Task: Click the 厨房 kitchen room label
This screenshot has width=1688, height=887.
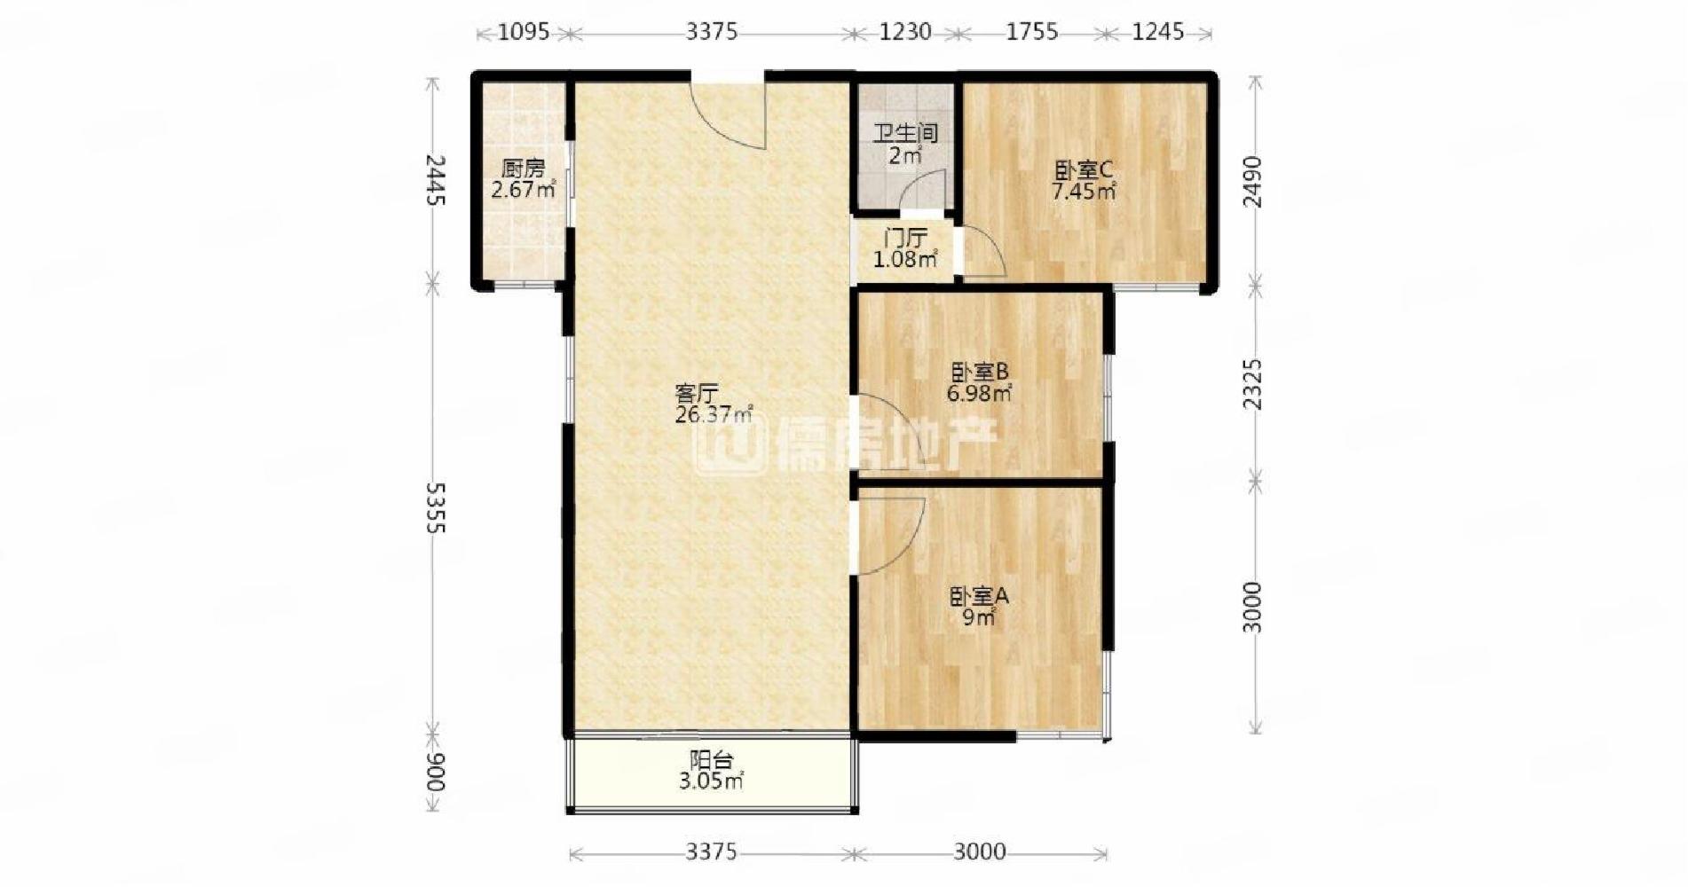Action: tap(522, 168)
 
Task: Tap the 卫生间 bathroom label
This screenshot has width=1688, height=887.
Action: tap(905, 134)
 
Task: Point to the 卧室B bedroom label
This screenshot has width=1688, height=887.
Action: tap(979, 371)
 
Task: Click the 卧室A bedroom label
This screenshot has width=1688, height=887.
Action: tap(979, 596)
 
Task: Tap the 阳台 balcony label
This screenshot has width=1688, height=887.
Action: tap(711, 760)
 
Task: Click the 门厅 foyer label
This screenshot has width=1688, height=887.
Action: tap(905, 238)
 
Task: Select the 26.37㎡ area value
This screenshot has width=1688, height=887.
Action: tap(714, 414)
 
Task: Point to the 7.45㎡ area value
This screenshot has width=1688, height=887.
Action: tap(1083, 191)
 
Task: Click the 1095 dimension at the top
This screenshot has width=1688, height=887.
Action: tap(524, 32)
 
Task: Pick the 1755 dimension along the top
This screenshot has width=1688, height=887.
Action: tap(1031, 32)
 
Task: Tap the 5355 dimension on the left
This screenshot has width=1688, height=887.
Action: tap(434, 508)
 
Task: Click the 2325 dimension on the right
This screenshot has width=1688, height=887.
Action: tap(1251, 384)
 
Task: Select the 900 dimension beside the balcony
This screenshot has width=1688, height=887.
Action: tap(434, 773)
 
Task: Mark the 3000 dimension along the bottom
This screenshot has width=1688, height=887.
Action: tap(980, 852)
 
